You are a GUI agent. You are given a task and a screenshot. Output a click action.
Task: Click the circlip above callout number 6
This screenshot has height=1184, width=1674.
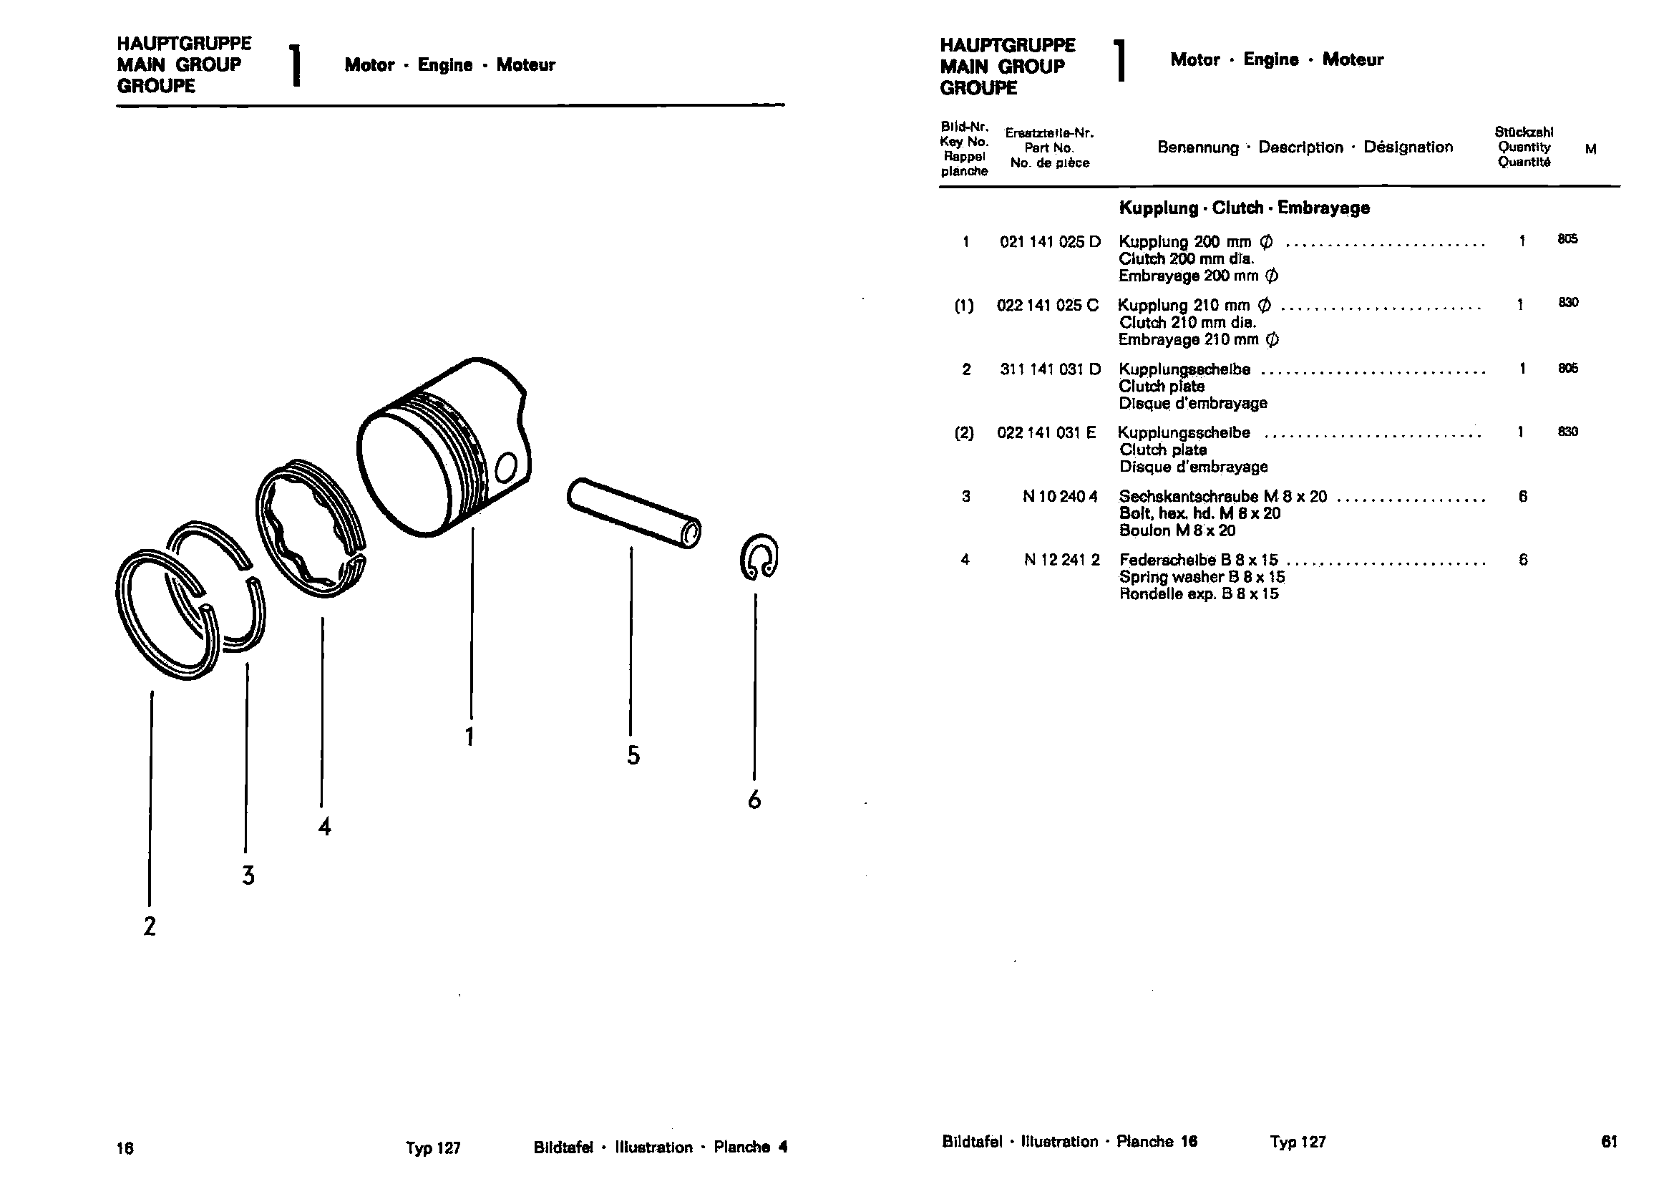(x=758, y=558)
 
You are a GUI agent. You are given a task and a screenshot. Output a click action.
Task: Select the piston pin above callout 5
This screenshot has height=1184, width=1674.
(x=633, y=513)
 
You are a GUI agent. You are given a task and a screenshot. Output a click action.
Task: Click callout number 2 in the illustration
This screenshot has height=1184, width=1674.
(x=150, y=926)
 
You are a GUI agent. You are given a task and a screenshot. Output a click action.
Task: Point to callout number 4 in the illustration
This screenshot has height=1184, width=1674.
(x=324, y=827)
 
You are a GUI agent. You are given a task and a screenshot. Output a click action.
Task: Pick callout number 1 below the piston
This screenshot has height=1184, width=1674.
(x=470, y=737)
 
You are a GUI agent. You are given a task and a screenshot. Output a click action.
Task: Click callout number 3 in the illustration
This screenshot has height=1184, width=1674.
(x=248, y=875)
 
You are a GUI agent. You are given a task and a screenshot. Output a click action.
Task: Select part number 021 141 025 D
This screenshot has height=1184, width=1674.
(x=1050, y=242)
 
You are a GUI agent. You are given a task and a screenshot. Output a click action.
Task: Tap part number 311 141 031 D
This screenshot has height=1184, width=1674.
(x=1050, y=369)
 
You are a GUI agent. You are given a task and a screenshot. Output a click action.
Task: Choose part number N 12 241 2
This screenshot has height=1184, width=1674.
(x=1061, y=560)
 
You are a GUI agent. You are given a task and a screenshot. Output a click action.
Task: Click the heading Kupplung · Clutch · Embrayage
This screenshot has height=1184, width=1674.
(x=1244, y=208)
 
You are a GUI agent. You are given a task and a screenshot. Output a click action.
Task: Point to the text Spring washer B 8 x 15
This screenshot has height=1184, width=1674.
(x=1202, y=577)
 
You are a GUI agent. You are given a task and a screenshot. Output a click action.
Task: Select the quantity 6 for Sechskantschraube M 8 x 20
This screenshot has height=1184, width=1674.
(x=1522, y=497)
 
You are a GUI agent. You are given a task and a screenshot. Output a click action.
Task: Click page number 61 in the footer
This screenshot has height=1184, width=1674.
(x=1609, y=1142)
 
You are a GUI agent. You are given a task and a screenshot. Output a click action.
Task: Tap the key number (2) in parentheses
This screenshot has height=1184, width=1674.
(x=964, y=433)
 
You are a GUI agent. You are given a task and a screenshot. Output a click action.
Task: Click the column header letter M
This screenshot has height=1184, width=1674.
(x=1590, y=150)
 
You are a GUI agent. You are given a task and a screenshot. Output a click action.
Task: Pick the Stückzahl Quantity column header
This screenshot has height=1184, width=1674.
(x=1524, y=147)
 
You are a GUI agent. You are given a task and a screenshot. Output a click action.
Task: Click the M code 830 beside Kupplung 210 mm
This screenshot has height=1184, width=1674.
(x=1568, y=303)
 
